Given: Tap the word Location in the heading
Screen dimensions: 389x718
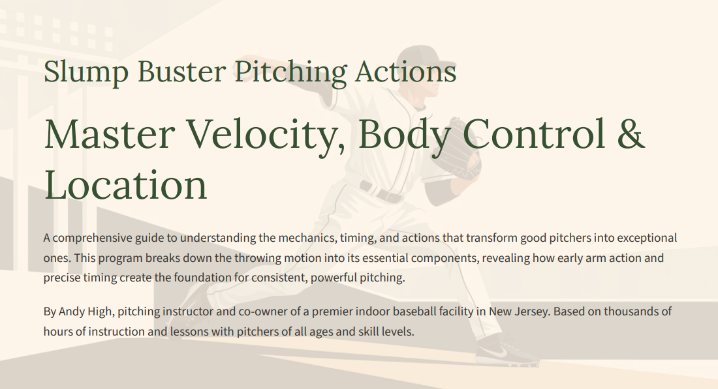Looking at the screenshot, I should pyautogui.click(x=125, y=184).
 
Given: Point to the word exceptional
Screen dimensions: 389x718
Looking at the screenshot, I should pyautogui.click(x=645, y=238).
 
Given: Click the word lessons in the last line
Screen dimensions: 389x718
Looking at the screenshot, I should pyautogui.click(x=199, y=332).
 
